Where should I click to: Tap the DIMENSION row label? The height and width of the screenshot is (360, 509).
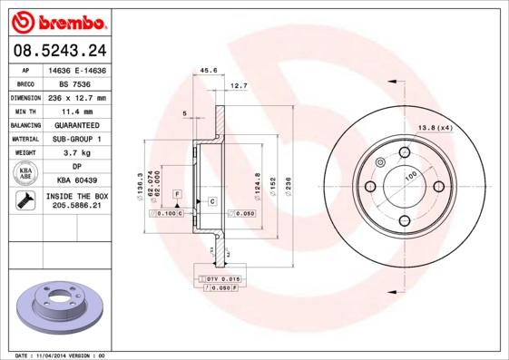click(x=26, y=97)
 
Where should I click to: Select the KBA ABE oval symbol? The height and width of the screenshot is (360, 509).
click(x=25, y=173)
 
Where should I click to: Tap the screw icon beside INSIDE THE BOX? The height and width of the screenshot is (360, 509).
click(x=25, y=201)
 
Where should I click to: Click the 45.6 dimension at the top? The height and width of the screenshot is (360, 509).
click(x=208, y=69)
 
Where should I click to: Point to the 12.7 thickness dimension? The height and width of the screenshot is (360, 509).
click(x=239, y=86)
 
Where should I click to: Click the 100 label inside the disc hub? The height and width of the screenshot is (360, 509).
click(x=409, y=174)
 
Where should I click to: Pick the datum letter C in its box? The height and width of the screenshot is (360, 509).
click(x=211, y=199)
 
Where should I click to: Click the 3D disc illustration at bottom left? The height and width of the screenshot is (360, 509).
click(x=57, y=305)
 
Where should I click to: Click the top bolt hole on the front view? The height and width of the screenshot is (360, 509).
click(x=403, y=152)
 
